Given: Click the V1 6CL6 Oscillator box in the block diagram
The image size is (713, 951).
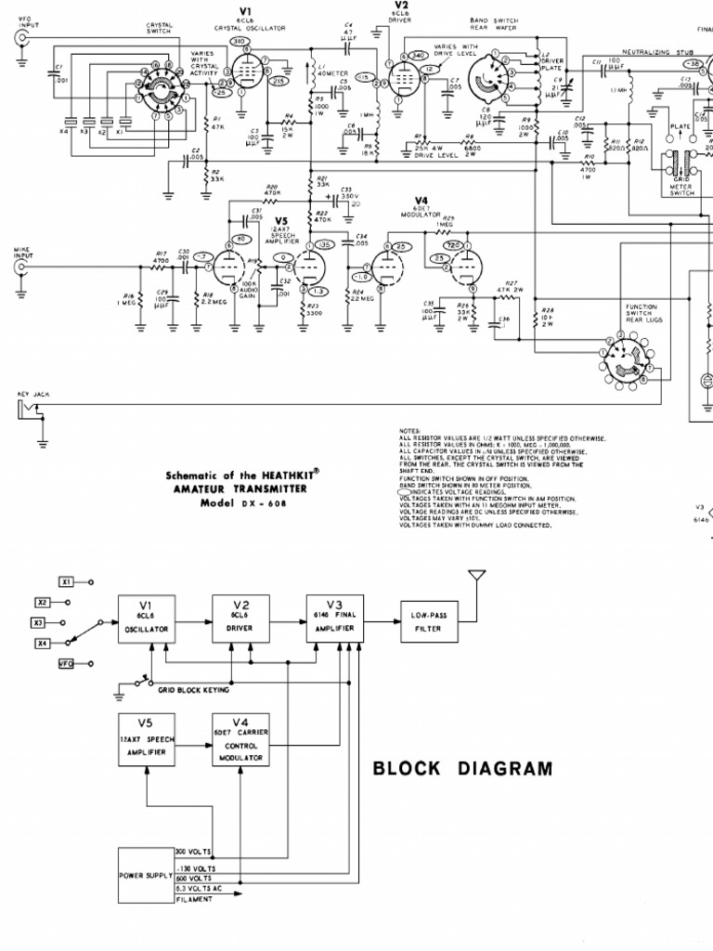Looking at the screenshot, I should (x=148, y=617).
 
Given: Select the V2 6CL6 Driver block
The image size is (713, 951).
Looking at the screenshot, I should (x=240, y=617).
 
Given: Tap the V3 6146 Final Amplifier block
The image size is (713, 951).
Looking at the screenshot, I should (x=335, y=617).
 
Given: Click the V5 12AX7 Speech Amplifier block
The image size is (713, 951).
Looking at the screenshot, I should (x=147, y=738).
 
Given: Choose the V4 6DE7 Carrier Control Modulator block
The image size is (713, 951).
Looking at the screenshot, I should (x=240, y=738).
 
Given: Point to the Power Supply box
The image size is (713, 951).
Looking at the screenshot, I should (x=145, y=875).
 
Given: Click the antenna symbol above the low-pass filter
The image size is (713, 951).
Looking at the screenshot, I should (x=476, y=580).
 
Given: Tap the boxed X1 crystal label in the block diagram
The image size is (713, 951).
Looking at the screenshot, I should (x=67, y=581).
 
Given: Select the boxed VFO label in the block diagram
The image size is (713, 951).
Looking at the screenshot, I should (x=67, y=664).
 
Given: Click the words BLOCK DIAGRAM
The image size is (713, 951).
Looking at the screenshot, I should (x=461, y=769).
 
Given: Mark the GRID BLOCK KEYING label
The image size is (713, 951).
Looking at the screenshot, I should (x=193, y=691).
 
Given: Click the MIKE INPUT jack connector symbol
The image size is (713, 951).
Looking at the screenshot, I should (x=21, y=267).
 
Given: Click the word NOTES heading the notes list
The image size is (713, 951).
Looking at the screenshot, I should (x=410, y=431).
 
